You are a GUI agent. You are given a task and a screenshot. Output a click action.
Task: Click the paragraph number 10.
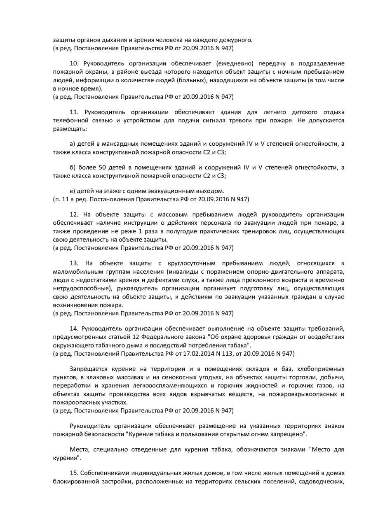click(x=74, y=63)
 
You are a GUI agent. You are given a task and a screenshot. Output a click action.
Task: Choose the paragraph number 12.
click(x=74, y=214)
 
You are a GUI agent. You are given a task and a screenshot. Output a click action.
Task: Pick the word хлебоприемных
click(x=323, y=368)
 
